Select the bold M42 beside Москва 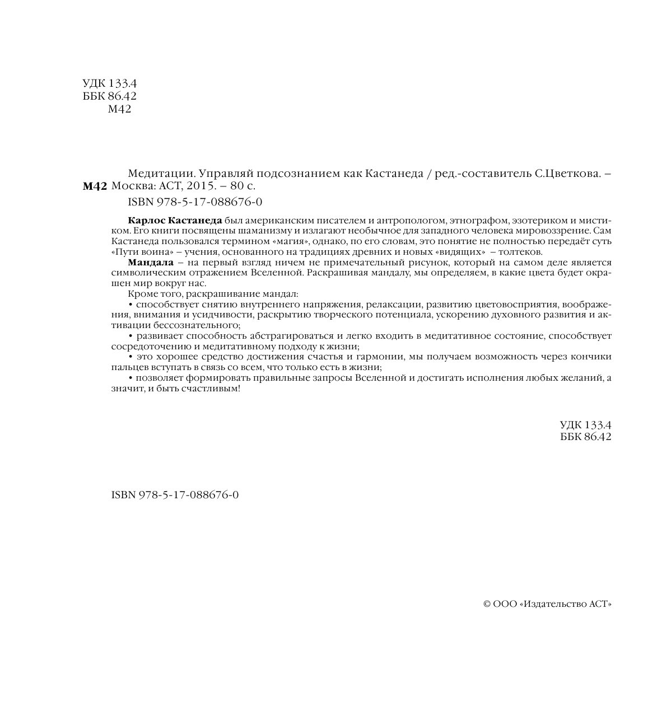[94, 187]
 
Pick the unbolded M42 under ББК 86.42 [119, 109]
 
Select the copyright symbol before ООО [487, 604]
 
